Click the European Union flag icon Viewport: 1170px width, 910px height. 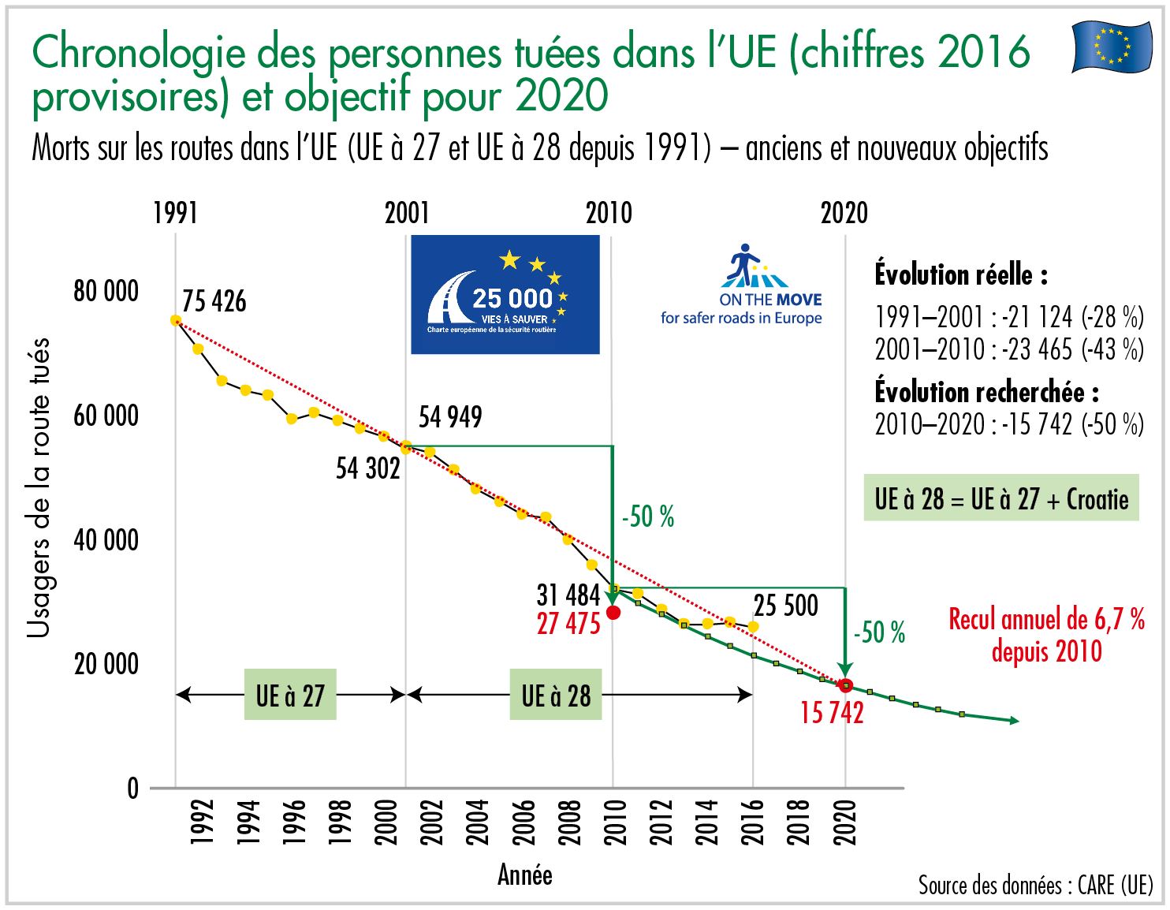[1112, 47]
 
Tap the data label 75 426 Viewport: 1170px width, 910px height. [214, 301]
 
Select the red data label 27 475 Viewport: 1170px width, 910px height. [568, 624]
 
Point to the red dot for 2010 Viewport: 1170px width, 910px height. [613, 613]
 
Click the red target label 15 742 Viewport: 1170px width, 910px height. [832, 713]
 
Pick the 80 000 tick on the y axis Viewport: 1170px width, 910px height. [106, 291]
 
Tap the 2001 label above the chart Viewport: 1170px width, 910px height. [407, 213]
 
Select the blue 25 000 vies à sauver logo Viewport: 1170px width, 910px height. [505, 295]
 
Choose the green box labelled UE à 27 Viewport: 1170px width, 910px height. [290, 696]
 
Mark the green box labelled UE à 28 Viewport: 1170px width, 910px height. [556, 696]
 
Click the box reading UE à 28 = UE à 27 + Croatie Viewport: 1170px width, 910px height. [1001, 498]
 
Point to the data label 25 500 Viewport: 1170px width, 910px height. [785, 606]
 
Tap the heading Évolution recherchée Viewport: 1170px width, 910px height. [986, 391]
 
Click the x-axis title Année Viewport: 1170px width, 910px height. [524, 875]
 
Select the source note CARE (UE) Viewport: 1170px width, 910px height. [1035, 886]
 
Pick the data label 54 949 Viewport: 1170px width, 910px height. [449, 417]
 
